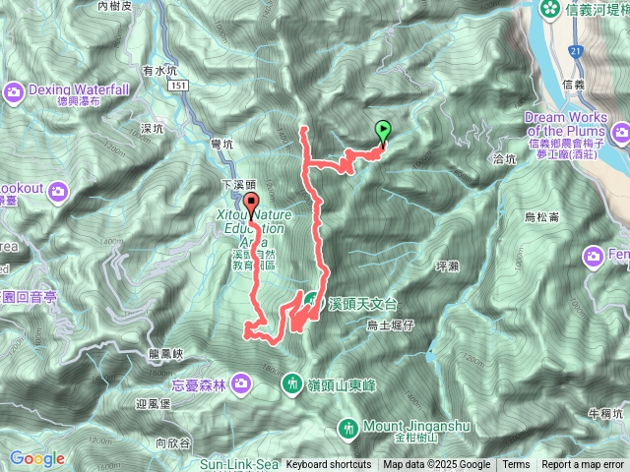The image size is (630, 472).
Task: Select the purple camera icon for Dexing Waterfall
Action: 15,92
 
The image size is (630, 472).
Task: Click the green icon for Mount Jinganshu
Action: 348,428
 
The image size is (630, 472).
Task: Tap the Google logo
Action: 37,458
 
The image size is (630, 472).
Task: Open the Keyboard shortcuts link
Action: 328,465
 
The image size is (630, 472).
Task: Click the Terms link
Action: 516,465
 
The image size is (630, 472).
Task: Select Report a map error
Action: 584,465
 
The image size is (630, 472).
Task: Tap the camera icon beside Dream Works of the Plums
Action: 620,132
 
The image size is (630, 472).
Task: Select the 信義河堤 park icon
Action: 549,11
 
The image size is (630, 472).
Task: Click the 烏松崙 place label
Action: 541,216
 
